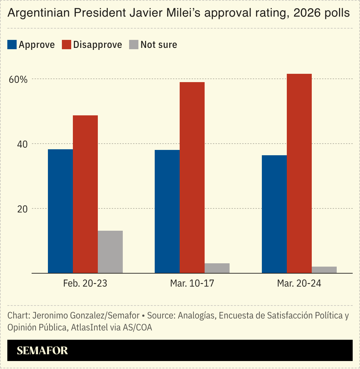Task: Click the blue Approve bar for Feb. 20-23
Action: pyautogui.click(x=60, y=211)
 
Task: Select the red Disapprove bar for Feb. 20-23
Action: pyautogui.click(x=85, y=194)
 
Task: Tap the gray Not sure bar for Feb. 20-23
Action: pyautogui.click(x=110, y=252)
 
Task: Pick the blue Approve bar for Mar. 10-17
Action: pyautogui.click(x=167, y=211)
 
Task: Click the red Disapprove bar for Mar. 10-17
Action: pyautogui.click(x=192, y=178)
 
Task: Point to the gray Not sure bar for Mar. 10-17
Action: pyautogui.click(x=217, y=268)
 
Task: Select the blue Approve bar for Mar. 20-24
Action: pyautogui.click(x=274, y=214)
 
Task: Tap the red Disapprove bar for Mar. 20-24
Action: pyautogui.click(x=299, y=173)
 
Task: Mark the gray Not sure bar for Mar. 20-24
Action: pyautogui.click(x=324, y=270)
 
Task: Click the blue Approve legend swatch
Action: pyautogui.click(x=12, y=45)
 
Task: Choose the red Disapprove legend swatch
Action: pyautogui.click(x=67, y=45)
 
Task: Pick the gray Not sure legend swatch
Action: pyautogui.click(x=133, y=45)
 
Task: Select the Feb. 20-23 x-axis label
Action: pyautogui.click(x=85, y=284)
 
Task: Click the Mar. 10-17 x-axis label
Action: pyautogui.click(x=192, y=284)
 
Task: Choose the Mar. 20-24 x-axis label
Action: pyautogui.click(x=299, y=284)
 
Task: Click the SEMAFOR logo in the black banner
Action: pyautogui.click(x=42, y=350)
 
